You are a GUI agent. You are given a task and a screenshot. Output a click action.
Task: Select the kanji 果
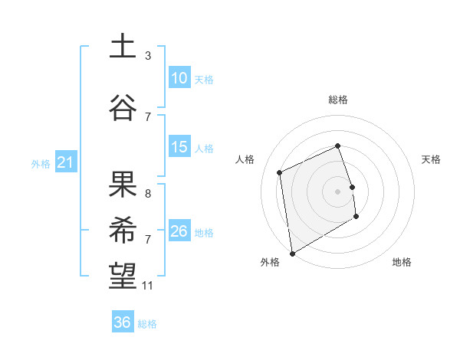123,184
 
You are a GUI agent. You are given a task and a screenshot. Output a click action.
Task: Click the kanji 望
123,276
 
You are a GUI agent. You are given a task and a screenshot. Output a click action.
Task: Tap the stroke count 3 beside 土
148,56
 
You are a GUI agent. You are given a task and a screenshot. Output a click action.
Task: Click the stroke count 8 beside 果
148,194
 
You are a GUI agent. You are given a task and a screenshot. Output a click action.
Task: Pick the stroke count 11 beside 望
148,286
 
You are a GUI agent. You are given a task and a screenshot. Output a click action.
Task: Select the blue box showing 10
179,78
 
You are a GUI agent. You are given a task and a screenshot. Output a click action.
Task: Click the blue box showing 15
179,147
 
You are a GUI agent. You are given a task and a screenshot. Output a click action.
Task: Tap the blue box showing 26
179,231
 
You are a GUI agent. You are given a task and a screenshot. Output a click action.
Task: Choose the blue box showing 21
66,162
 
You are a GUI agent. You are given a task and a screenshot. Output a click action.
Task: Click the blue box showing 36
123,322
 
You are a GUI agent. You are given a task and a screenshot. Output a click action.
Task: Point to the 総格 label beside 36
148,324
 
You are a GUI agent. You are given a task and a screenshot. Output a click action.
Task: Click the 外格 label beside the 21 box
41,164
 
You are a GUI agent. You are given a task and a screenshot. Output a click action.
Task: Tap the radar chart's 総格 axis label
338,100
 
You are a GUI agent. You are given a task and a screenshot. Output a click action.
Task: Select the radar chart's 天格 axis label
432,159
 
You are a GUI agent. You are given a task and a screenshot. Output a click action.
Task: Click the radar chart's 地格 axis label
402,262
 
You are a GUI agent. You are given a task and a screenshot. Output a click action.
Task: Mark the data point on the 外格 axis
291,253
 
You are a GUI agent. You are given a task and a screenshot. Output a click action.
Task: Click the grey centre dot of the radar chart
338,191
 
